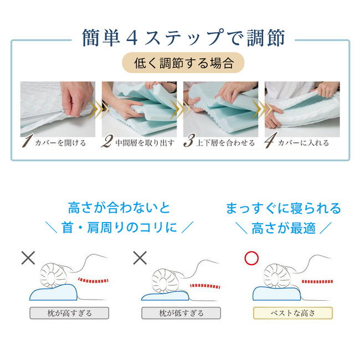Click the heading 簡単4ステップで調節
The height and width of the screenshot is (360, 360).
click(183, 38)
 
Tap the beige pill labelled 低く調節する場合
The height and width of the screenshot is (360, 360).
click(183, 63)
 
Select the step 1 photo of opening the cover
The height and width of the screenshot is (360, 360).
click(58, 109)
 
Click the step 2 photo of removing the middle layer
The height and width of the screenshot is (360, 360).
click(140, 109)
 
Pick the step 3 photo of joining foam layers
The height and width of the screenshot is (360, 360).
click(220, 109)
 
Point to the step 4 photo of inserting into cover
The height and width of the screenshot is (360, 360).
click(302, 109)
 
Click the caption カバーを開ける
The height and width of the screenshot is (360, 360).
click(60, 143)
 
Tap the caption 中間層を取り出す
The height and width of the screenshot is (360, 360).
click(145, 143)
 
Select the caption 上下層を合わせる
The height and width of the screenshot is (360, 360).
click(225, 143)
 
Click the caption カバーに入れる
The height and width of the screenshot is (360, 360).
click(304, 143)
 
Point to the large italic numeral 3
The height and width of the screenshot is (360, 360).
click(189, 141)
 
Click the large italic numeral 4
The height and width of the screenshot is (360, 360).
click(270, 140)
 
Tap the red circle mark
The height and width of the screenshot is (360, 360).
click(251, 258)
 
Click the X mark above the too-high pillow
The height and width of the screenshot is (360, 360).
click(28, 258)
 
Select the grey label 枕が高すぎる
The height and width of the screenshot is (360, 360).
click(69, 313)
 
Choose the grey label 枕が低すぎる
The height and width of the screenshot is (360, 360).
click(181, 313)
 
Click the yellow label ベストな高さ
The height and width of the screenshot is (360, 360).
click(293, 313)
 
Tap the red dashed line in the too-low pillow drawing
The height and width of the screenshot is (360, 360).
click(205, 286)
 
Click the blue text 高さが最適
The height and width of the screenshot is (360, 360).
click(284, 228)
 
